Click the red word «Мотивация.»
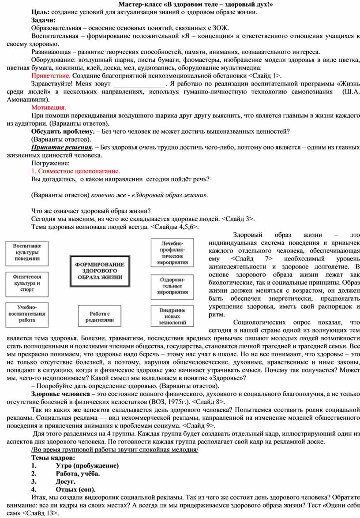49,108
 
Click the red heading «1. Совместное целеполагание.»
75,171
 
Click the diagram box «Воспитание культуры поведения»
27,252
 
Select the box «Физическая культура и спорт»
27,283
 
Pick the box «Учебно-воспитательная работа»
27,313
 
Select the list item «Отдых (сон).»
75,489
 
